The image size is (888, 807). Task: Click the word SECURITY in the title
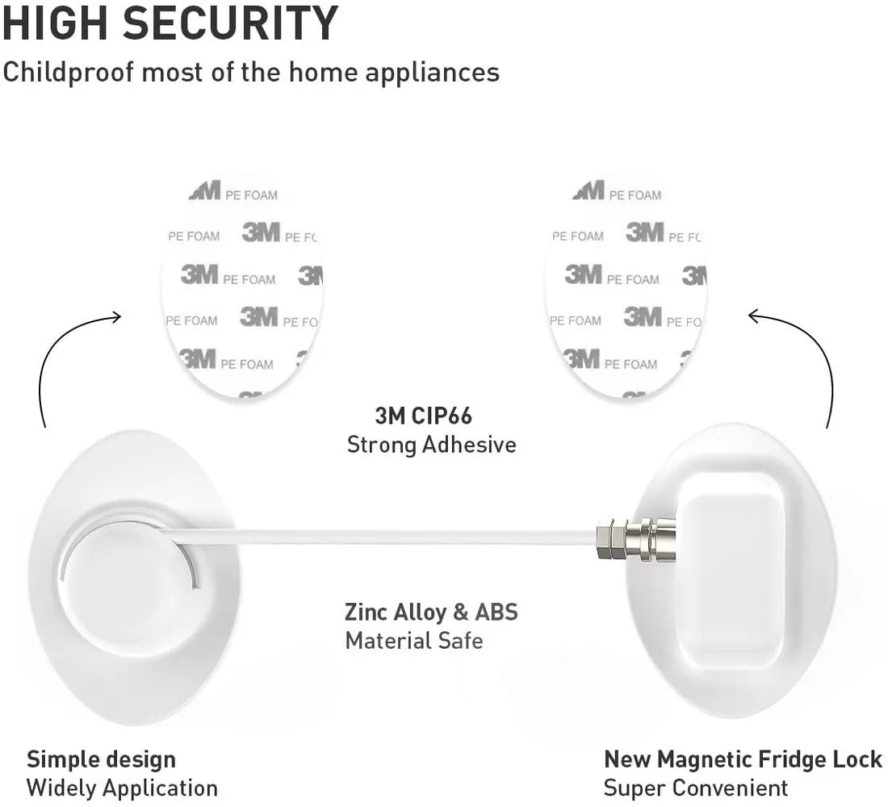[228, 23]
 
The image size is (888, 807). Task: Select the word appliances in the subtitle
[432, 73]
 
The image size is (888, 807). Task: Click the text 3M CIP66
[424, 416]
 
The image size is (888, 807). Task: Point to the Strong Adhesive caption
[431, 445]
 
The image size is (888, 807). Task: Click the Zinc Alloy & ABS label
[431, 612]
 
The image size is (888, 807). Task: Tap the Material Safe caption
[414, 641]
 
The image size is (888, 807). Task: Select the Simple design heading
[101, 759]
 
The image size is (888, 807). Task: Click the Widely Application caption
[122, 788]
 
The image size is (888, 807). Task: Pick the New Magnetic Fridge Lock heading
[743, 759]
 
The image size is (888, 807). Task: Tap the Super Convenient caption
[695, 788]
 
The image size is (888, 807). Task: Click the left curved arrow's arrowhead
[115, 316]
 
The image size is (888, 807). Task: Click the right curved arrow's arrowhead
[754, 316]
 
